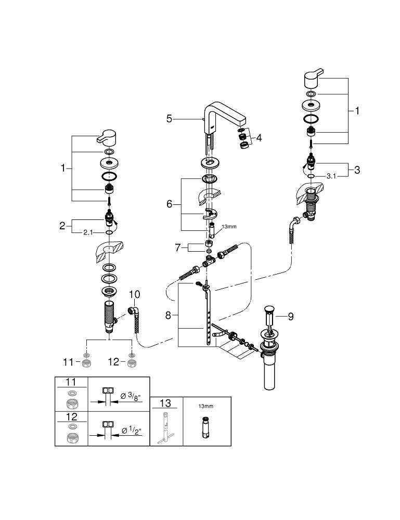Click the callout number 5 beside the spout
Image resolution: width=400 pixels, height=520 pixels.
[x=169, y=119]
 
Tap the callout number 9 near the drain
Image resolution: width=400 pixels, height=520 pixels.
[x=290, y=315]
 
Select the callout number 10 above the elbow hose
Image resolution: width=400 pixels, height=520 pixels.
[x=135, y=295]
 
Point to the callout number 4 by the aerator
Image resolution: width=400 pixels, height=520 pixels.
[x=259, y=139]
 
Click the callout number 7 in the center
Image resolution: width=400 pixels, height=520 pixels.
[x=178, y=248]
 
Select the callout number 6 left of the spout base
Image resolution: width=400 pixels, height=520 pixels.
[x=169, y=204]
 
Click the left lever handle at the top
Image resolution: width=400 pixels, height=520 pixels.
[x=109, y=137]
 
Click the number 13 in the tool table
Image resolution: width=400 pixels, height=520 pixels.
[x=166, y=404]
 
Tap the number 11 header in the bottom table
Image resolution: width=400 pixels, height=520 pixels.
[x=71, y=382]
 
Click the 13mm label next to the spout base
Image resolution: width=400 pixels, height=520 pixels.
[x=229, y=227]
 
